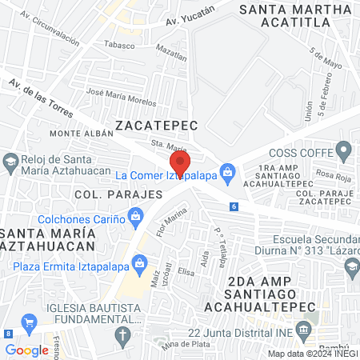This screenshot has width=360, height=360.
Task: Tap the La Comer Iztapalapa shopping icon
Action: click(x=229, y=170)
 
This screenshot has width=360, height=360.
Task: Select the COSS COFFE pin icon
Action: click(x=344, y=149)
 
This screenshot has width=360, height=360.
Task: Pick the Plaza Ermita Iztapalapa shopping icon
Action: click(x=140, y=262)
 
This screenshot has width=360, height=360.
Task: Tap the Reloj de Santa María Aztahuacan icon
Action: click(x=10, y=161)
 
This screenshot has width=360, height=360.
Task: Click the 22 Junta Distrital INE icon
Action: click(x=303, y=330)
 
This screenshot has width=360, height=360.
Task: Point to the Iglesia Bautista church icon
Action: click(x=122, y=334)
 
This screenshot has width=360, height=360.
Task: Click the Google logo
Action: click(x=26, y=350)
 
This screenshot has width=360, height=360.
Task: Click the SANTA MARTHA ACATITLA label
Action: click(x=298, y=17)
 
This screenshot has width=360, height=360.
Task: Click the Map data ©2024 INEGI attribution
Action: click(x=313, y=354)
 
